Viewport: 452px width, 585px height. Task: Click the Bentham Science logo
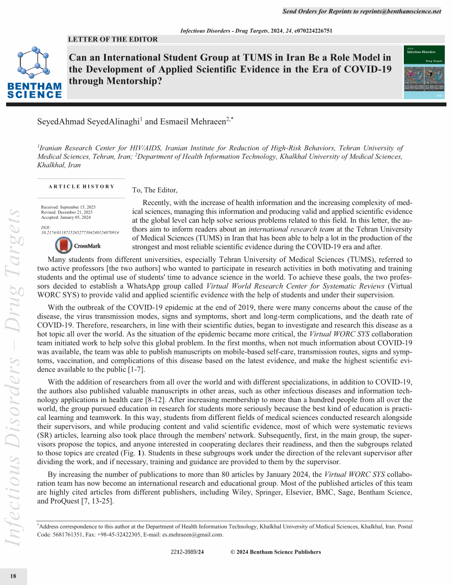pos(34,74)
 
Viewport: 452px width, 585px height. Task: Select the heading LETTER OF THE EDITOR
pos(112,39)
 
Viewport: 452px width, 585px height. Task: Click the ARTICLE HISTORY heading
pos(81,187)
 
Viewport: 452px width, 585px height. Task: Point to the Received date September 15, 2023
pos(68,207)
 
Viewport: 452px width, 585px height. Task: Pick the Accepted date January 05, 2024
pos(67,218)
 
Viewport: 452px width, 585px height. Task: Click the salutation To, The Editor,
pos(155,190)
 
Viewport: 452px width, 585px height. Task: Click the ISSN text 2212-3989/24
pos(188,552)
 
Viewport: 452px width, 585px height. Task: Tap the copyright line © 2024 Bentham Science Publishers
pos(275,552)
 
